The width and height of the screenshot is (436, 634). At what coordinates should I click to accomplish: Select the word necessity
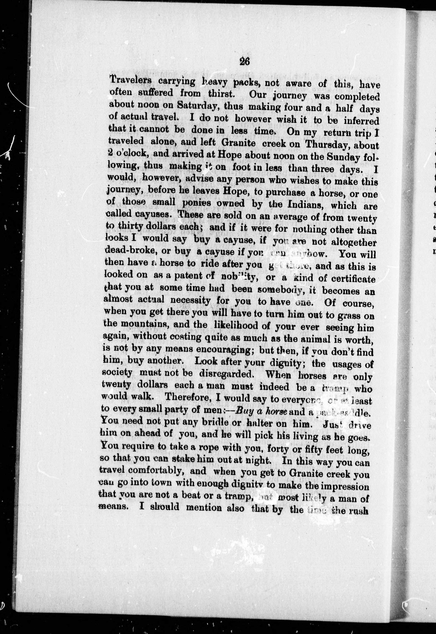click(190, 301)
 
